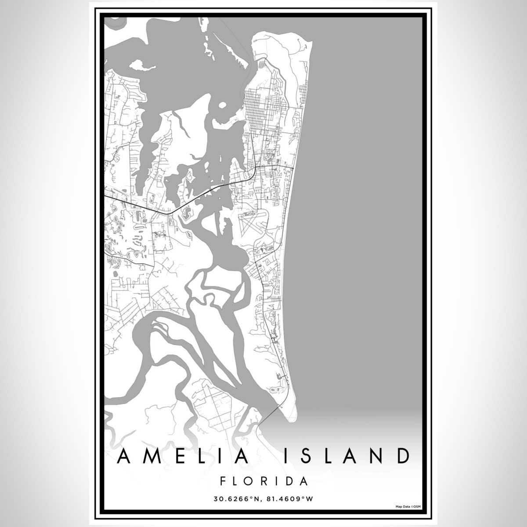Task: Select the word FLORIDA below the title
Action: coord(263,481)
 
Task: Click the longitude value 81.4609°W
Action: coord(290,499)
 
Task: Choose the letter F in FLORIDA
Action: coord(223,481)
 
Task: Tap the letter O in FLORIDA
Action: coord(249,481)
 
